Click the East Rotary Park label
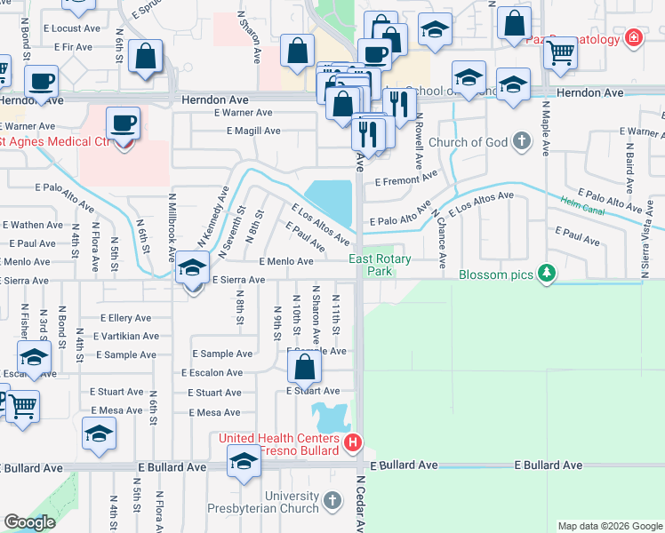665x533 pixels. [x=372, y=265]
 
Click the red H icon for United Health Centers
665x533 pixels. [x=353, y=442]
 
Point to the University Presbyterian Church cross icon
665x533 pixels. [x=331, y=502]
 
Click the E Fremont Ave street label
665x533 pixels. [x=406, y=180]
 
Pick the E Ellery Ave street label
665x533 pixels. [x=125, y=317]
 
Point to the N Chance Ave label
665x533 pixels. [x=438, y=238]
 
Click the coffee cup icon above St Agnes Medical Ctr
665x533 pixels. [x=123, y=123]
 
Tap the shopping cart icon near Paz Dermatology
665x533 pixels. [x=560, y=53]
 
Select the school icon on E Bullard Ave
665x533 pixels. [x=243, y=460]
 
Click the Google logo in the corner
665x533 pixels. [x=29, y=522]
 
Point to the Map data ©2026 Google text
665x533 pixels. [x=609, y=526]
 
